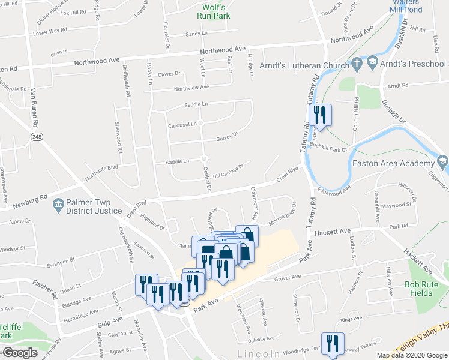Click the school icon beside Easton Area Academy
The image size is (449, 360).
click(443, 161)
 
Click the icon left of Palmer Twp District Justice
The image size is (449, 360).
click(59, 205)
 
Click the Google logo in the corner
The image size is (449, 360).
click(20, 353)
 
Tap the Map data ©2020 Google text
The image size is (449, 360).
click(412, 355)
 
